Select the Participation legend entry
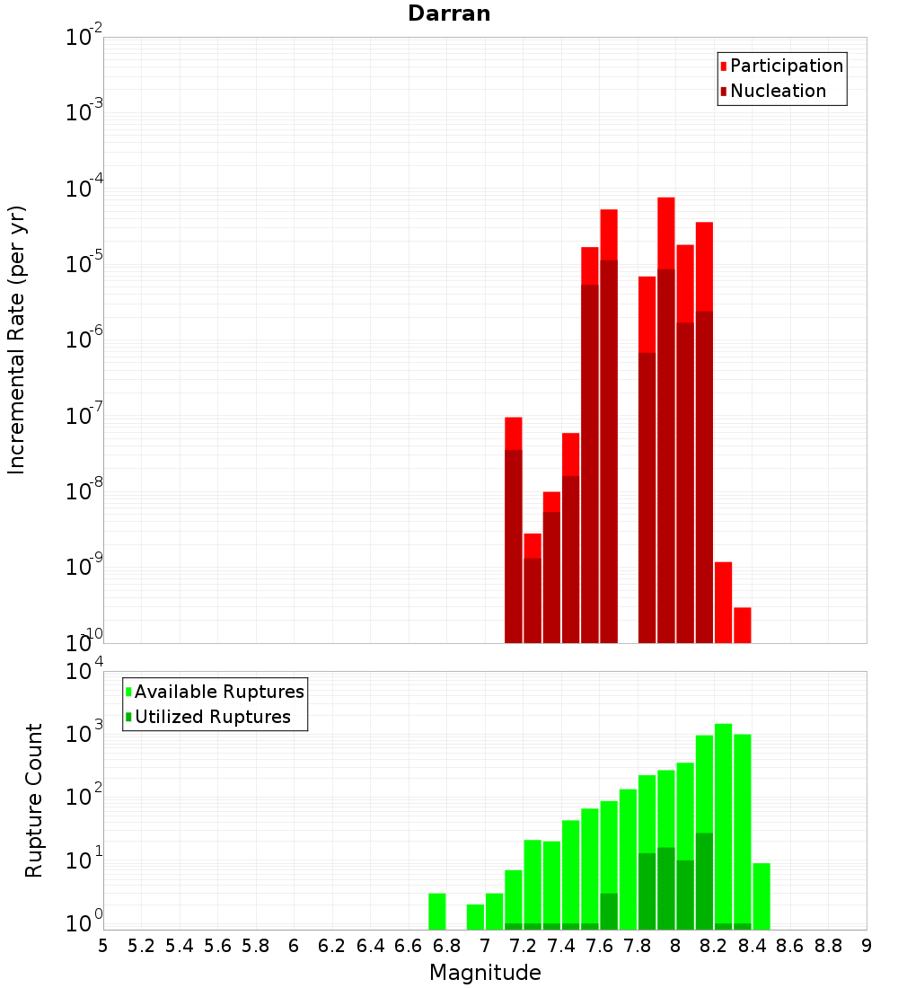coord(786,66)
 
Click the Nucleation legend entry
coord(777,91)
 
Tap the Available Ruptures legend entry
coord(218,692)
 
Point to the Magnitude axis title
coord(485,973)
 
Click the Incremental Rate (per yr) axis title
coord(17,340)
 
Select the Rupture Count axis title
coord(34,800)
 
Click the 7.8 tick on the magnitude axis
coord(638,946)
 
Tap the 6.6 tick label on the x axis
coord(409,946)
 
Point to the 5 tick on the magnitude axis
coord(103,946)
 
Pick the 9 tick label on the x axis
coord(867,946)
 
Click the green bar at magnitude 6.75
coord(436,912)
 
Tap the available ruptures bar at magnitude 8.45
coord(762,896)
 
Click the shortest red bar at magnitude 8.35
coord(742,625)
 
